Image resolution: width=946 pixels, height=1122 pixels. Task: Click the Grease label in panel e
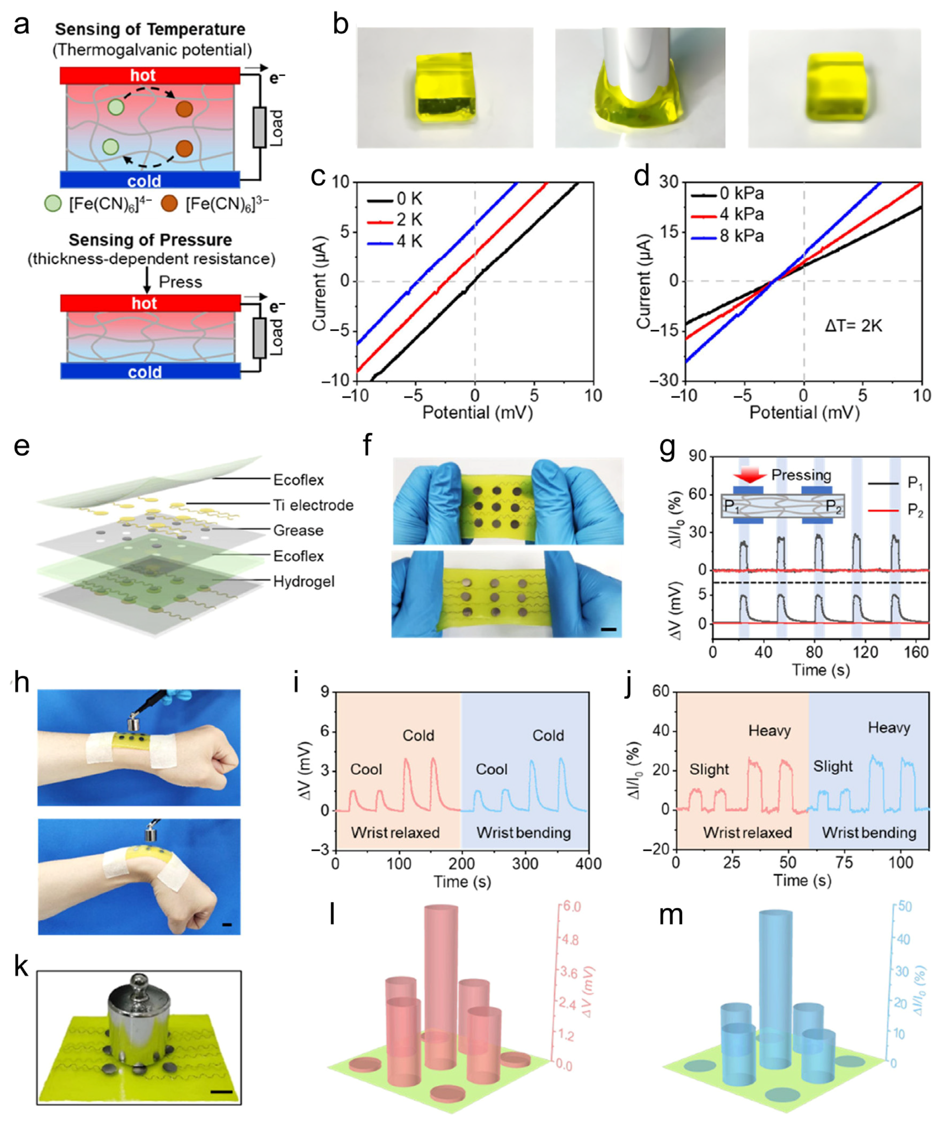tap(298, 530)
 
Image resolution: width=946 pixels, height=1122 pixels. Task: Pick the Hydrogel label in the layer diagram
tap(303, 581)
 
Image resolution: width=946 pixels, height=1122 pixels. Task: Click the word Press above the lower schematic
tap(180, 282)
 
